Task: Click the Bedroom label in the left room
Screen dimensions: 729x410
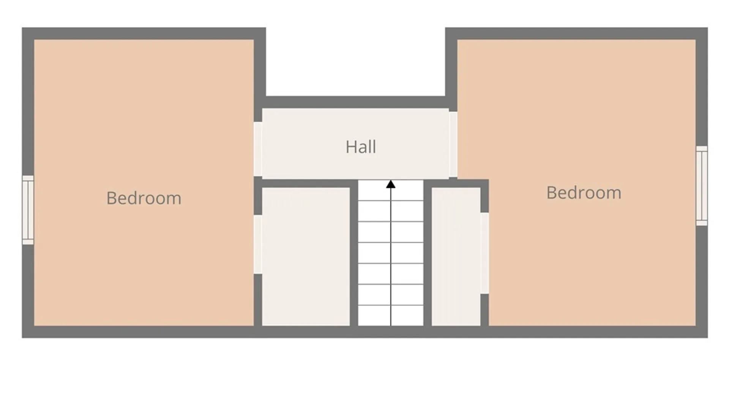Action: click(x=144, y=198)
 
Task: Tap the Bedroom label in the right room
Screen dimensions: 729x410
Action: click(x=584, y=192)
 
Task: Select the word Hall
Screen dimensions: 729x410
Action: click(x=361, y=147)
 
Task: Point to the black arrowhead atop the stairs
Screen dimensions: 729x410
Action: click(x=391, y=184)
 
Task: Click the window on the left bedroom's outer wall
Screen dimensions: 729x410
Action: click(x=28, y=210)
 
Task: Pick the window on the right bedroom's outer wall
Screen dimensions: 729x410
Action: click(x=702, y=186)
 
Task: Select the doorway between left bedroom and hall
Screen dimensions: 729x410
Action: click(x=258, y=149)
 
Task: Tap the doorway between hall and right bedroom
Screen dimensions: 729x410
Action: click(x=453, y=144)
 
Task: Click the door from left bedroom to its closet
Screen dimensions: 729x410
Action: click(x=258, y=244)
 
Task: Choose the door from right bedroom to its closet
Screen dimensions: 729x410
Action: click(x=484, y=253)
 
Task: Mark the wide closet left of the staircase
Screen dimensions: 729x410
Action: click(x=306, y=257)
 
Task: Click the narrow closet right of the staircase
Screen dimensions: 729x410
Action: click(x=456, y=257)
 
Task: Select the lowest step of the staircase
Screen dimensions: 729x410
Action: click(x=391, y=315)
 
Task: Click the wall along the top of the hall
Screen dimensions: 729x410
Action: click(x=355, y=102)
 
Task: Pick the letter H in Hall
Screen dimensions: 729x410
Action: click(x=350, y=147)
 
